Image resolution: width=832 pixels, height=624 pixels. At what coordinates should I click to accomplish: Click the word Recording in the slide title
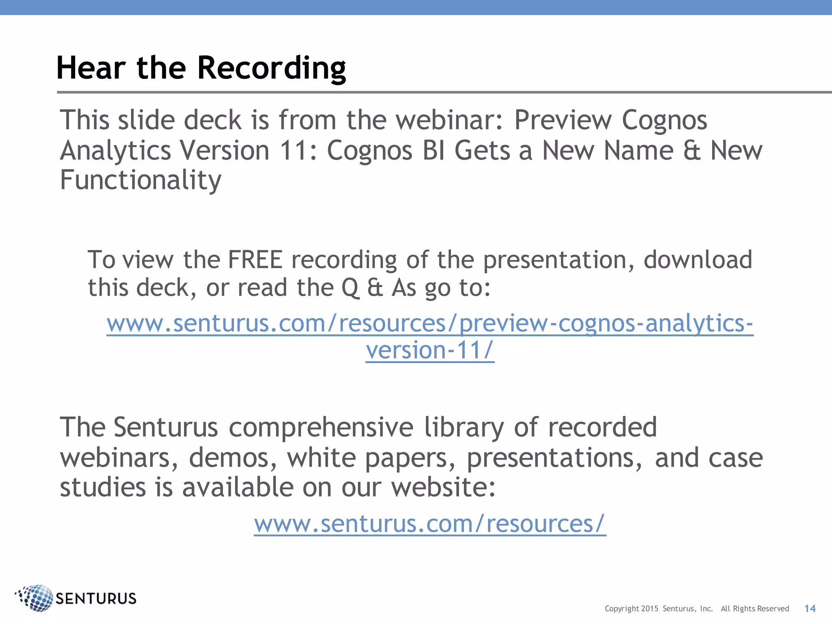(x=271, y=68)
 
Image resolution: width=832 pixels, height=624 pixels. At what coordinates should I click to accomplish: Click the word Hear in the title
(x=91, y=68)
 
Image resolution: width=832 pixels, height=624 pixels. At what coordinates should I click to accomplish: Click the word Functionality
(x=141, y=180)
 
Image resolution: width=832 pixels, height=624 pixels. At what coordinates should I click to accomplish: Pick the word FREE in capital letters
(x=255, y=260)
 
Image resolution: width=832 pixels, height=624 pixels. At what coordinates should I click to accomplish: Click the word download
(x=698, y=260)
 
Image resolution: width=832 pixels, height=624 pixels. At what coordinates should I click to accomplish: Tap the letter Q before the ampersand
(x=350, y=288)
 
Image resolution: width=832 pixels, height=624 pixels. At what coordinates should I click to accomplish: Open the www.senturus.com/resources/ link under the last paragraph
(x=430, y=524)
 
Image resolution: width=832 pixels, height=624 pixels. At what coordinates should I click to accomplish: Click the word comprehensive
(x=321, y=428)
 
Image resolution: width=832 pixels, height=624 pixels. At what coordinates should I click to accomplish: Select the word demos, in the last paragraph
(x=233, y=458)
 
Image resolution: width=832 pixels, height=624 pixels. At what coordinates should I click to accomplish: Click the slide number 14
(x=810, y=608)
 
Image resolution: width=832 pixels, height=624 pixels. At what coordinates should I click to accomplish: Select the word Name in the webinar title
(x=639, y=151)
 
